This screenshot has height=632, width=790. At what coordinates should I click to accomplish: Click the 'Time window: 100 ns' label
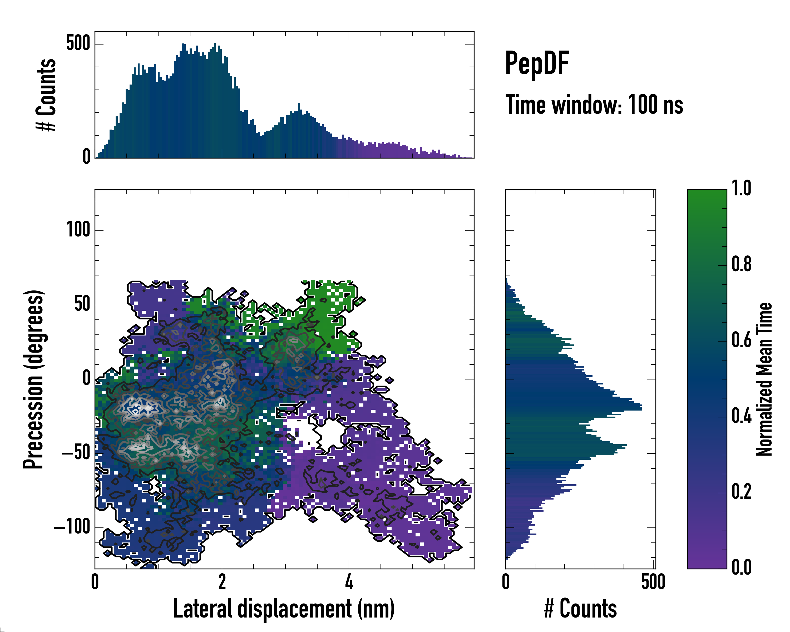(594, 105)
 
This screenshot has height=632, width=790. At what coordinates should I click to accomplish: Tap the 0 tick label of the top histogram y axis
(86, 157)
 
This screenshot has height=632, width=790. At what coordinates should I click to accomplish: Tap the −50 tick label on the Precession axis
(76, 453)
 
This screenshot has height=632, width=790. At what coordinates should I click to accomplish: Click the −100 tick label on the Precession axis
(72, 527)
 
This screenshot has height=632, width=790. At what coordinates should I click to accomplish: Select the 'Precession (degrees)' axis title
(34, 379)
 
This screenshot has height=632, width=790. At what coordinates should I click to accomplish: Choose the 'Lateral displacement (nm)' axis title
(284, 609)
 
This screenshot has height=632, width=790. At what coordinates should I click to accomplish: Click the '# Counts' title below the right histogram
(580, 609)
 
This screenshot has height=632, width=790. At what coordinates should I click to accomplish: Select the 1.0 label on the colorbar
(741, 188)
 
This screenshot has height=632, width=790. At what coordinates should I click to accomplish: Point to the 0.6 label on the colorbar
(741, 340)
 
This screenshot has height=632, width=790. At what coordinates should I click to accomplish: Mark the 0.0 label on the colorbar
(741, 567)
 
